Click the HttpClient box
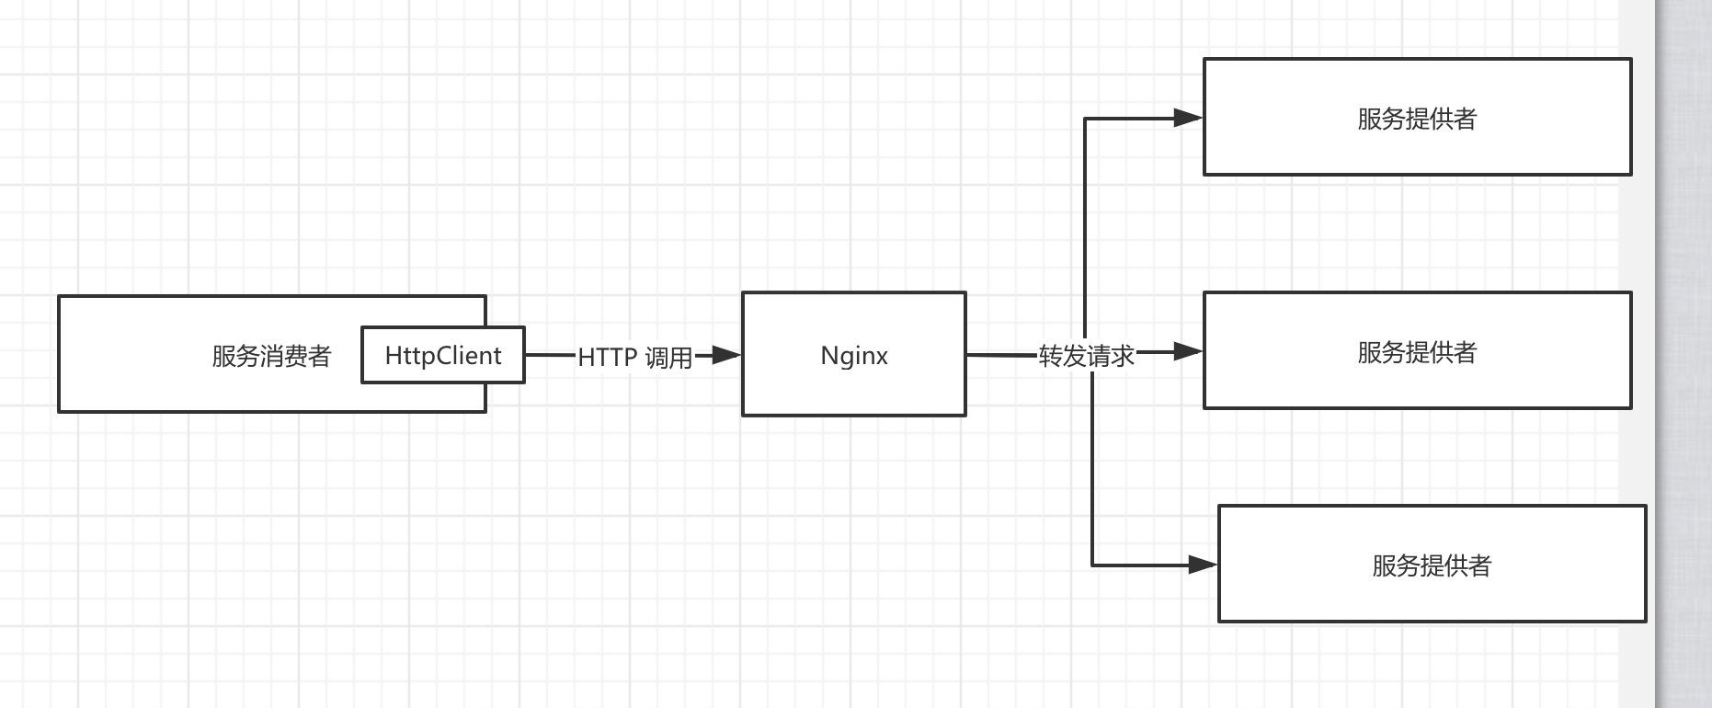443,355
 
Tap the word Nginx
854,356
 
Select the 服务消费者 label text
271,356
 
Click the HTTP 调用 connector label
634,357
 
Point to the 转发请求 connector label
1087,356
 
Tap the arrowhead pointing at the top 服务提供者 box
1188,118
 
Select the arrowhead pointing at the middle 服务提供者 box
1188,351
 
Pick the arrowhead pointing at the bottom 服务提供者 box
1202,565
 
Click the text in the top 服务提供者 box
1417,119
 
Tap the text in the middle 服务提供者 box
1417,352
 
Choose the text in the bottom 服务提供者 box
1432,565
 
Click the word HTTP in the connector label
607,357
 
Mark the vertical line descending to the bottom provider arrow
1092,469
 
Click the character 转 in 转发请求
1051,356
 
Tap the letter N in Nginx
828,356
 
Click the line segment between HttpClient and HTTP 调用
550,355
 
